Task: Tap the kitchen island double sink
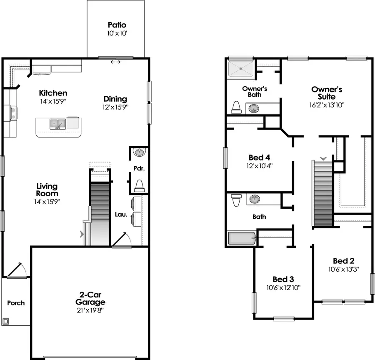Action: click(x=58, y=124)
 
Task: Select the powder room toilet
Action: click(x=140, y=185)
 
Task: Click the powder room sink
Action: click(x=140, y=152)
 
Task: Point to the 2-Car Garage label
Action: click(x=90, y=299)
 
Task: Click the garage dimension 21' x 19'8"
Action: click(x=90, y=310)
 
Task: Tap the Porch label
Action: click(x=16, y=303)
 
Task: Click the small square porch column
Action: click(x=6, y=321)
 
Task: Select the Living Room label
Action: click(x=47, y=190)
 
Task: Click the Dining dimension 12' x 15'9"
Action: click(x=115, y=107)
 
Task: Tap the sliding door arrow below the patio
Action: click(x=115, y=62)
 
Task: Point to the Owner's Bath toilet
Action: click(x=236, y=107)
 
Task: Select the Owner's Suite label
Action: click(x=327, y=92)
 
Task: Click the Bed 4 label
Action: click(x=259, y=157)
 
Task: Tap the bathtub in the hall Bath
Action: click(x=241, y=239)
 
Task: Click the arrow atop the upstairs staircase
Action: click(x=323, y=158)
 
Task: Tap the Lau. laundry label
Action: click(x=121, y=215)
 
